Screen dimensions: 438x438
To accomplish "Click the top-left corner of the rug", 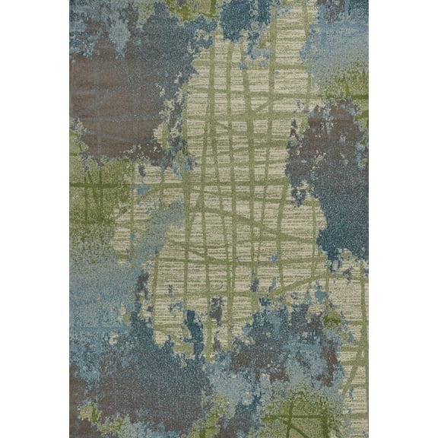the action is tap(70, 1).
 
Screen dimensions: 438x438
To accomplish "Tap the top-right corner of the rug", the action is tap(368, 1).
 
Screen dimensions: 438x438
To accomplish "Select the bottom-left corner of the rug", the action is tap(70, 437).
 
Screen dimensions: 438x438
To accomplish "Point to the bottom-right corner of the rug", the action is tap(368, 437).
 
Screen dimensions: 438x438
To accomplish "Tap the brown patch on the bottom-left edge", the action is tap(80, 388).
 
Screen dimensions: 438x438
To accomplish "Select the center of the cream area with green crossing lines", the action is tap(236, 198).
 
